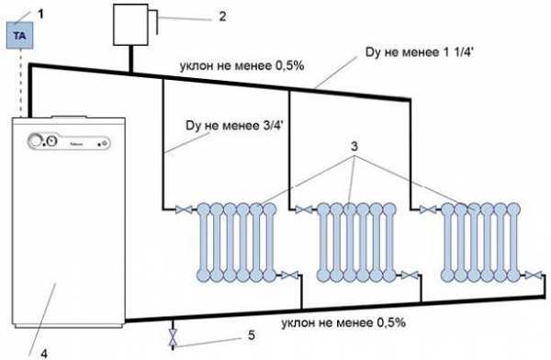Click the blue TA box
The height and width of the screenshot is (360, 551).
tap(20, 35)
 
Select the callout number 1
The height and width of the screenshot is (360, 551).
tap(40, 14)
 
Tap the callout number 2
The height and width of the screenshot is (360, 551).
tap(222, 17)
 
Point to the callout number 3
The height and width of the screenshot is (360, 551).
tap(354, 146)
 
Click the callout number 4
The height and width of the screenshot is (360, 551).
tap(44, 354)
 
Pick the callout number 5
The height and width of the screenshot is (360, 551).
tap(252, 335)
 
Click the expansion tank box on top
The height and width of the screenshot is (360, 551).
tap(130, 25)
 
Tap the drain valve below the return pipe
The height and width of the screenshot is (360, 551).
tap(173, 337)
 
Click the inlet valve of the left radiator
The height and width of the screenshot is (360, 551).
tap(184, 210)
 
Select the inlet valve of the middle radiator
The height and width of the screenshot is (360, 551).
tap(304, 210)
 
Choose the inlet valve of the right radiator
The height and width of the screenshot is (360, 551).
tap(428, 210)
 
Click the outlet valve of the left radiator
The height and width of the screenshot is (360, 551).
tap(290, 275)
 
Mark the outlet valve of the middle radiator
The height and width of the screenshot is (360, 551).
tap(410, 275)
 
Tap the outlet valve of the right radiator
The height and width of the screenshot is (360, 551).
tap(534, 275)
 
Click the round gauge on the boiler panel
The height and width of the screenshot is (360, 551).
tap(52, 141)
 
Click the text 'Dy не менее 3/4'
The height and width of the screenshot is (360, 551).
tap(234, 126)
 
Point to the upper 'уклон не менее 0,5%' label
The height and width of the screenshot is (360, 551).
tap(242, 66)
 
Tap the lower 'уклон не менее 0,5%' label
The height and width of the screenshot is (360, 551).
tap(343, 322)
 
